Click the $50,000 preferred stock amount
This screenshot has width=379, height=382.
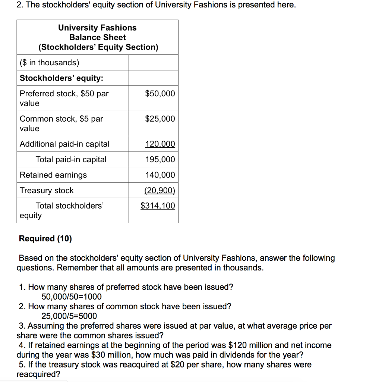tap(160, 94)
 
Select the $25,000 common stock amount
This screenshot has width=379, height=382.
tap(160, 119)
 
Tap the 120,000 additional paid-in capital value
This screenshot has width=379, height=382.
tap(160, 144)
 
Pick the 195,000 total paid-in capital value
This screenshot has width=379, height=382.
tap(160, 160)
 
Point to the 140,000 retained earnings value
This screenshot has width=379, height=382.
tap(160, 175)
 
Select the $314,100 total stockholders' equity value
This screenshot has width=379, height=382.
tap(158, 206)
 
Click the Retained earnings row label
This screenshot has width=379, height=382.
tap(53, 175)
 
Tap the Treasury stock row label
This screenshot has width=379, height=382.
tap(47, 191)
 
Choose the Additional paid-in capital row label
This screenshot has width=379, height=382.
tap(64, 144)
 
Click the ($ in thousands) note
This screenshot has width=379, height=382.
tap(49, 63)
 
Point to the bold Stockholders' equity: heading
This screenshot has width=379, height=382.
tap(61, 78)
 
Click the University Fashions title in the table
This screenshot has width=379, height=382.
tap(97, 28)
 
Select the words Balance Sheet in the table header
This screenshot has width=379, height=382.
tap(97, 38)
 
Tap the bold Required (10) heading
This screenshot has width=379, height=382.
tap(45, 239)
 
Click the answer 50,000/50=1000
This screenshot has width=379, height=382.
tap(71, 297)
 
